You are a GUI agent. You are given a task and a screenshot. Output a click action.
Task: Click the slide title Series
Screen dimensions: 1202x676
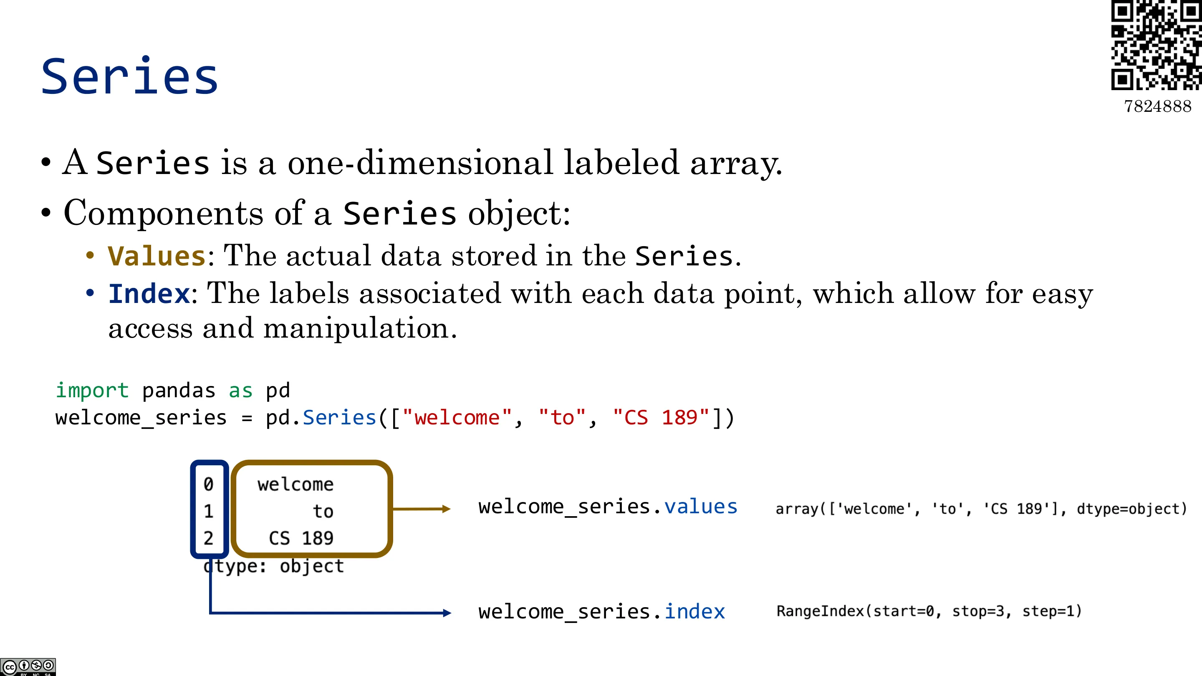click(x=129, y=76)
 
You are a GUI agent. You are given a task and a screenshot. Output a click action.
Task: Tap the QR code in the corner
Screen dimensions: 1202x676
click(x=1156, y=45)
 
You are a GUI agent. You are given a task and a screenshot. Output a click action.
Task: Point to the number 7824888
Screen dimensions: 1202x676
click(x=1158, y=106)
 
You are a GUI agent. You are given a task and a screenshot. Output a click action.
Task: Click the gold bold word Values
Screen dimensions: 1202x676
click(x=157, y=256)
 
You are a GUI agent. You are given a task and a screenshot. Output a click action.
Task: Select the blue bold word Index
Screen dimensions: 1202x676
click(x=149, y=294)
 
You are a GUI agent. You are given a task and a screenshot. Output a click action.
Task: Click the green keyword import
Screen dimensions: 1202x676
click(x=92, y=390)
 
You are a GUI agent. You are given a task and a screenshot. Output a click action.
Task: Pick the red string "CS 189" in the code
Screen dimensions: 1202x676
click(x=661, y=417)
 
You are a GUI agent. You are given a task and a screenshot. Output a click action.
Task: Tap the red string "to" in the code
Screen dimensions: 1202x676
click(x=562, y=417)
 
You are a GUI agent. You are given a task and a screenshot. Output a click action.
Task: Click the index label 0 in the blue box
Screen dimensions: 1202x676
click(x=209, y=484)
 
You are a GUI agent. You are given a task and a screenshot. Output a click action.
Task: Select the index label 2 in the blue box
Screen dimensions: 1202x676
click(x=209, y=538)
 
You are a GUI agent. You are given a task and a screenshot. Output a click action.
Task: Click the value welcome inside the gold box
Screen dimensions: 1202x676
click(x=295, y=484)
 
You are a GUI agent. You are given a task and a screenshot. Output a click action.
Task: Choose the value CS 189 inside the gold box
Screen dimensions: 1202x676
click(x=301, y=538)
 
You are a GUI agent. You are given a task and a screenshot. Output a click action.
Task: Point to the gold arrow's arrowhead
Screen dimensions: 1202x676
click(x=446, y=509)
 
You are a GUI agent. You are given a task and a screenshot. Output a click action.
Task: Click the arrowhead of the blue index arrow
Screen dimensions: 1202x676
click(x=447, y=613)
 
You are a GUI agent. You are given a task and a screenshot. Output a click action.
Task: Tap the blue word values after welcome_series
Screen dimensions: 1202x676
click(x=700, y=507)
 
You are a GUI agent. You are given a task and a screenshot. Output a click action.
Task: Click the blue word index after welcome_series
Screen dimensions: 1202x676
click(x=694, y=611)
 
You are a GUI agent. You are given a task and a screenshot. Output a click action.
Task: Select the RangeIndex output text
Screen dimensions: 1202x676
click(x=929, y=611)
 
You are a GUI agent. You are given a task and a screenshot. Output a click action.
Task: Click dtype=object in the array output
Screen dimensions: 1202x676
click(x=1131, y=509)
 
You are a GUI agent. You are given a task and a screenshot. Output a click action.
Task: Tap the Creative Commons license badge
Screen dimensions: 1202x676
click(x=28, y=666)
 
